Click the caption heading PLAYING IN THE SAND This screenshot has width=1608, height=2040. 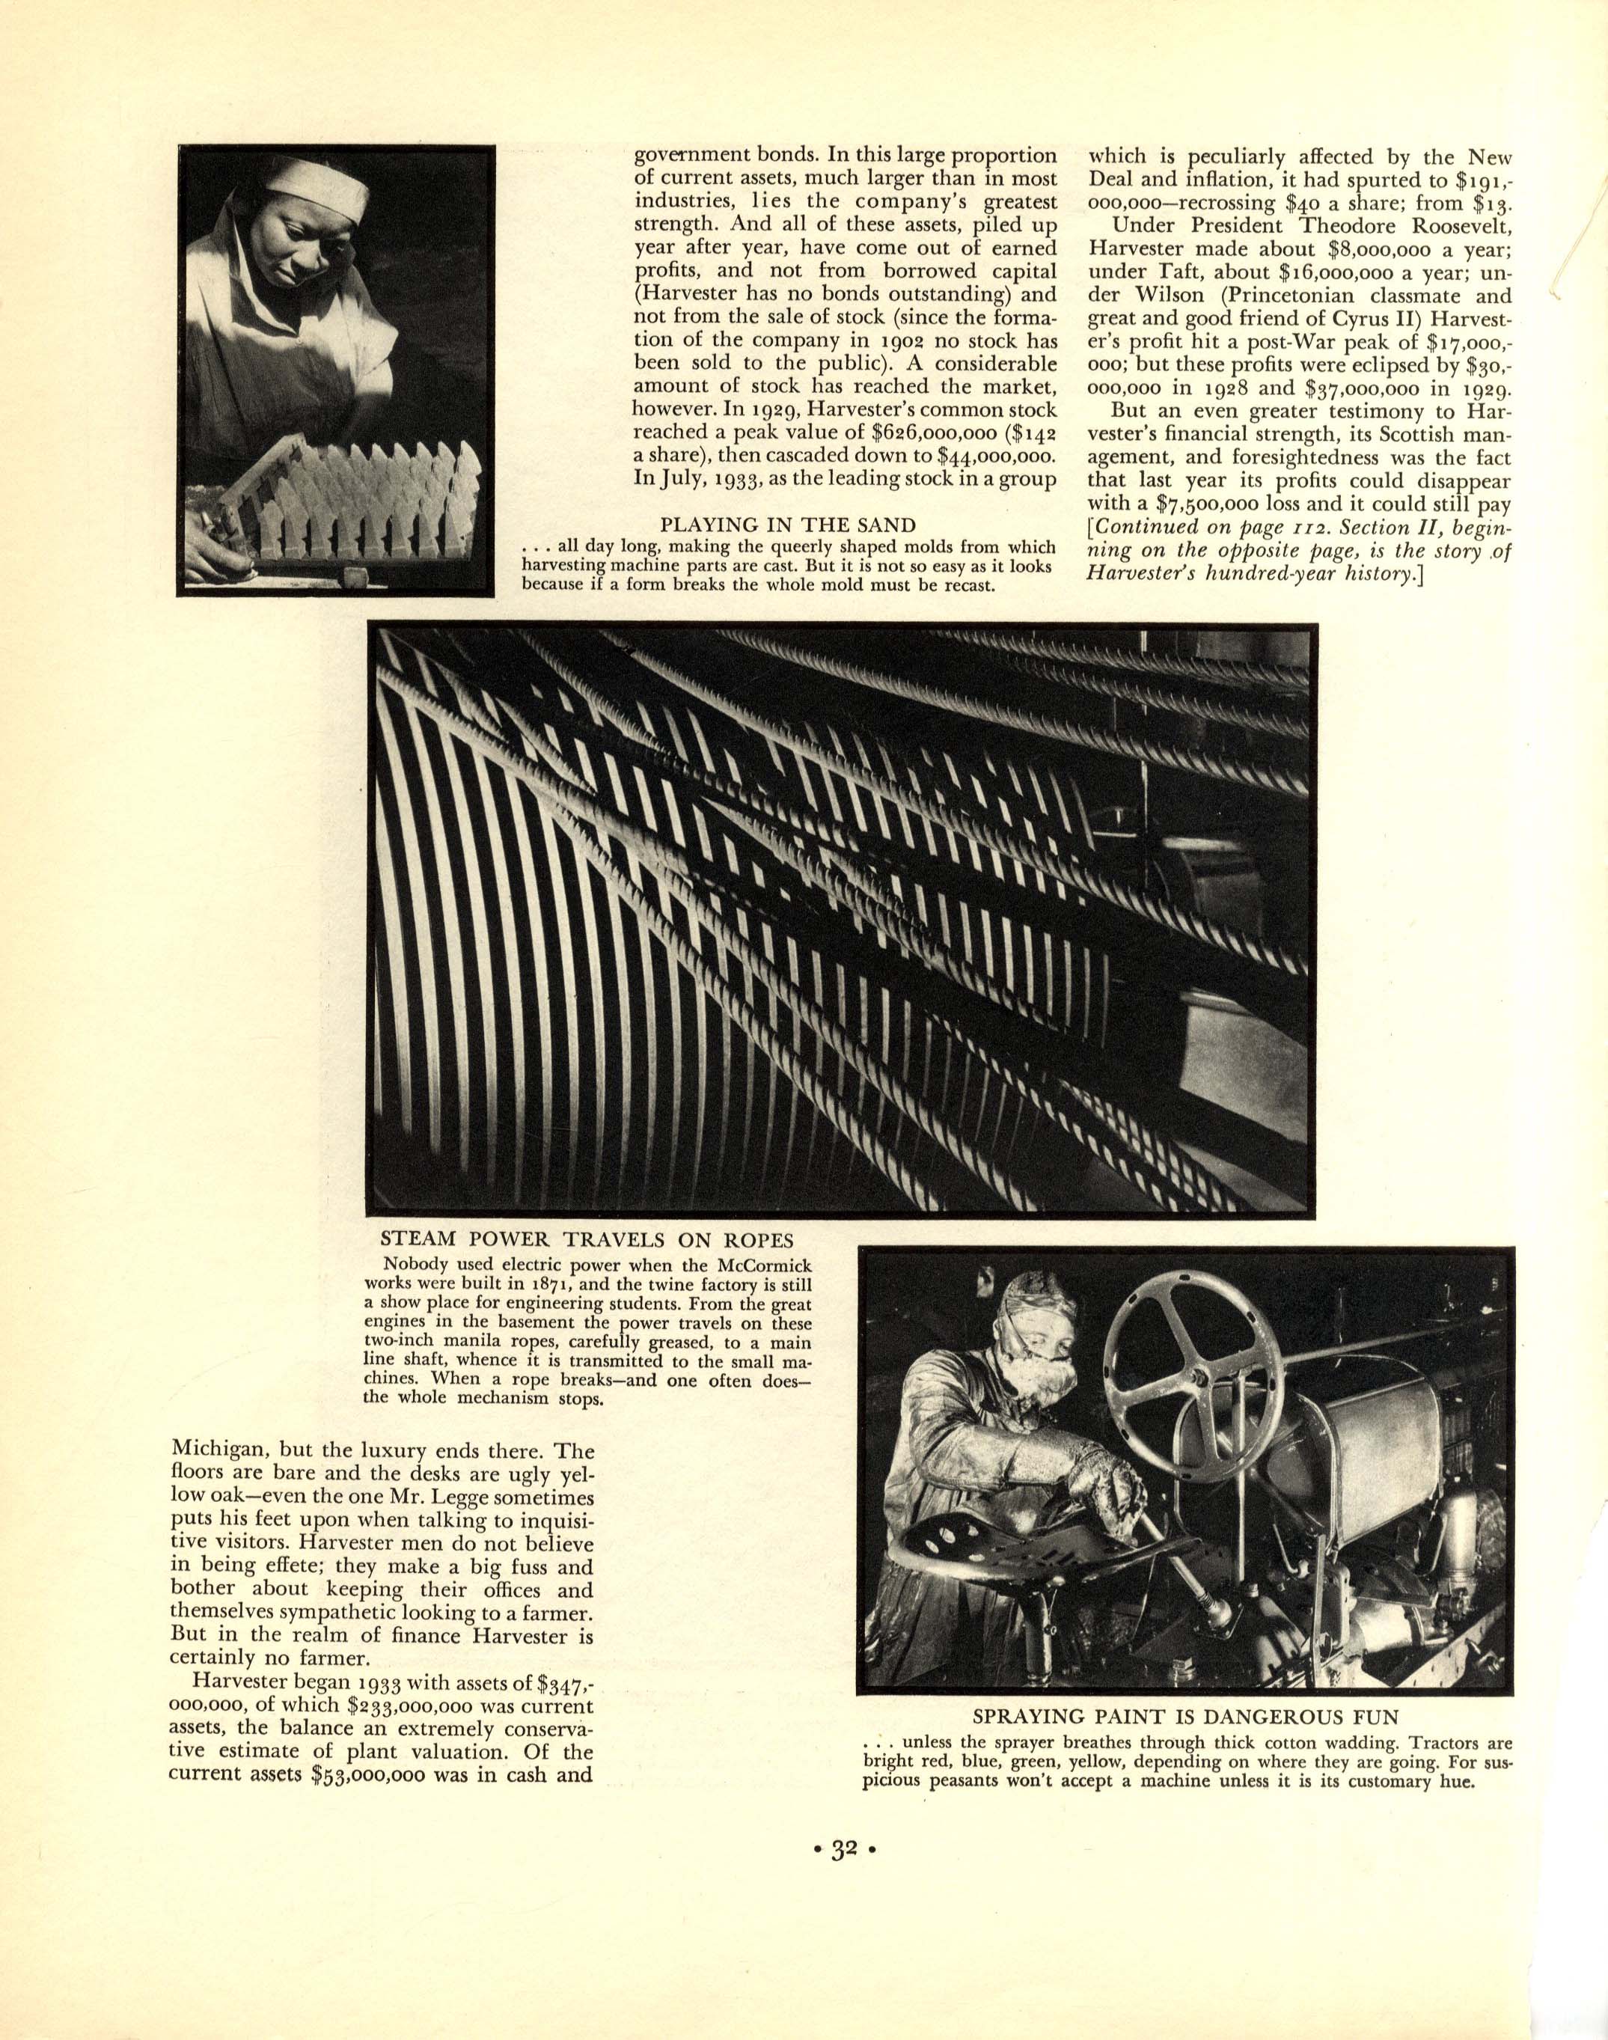click(787, 525)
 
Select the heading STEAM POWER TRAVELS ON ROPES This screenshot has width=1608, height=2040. click(587, 1239)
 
